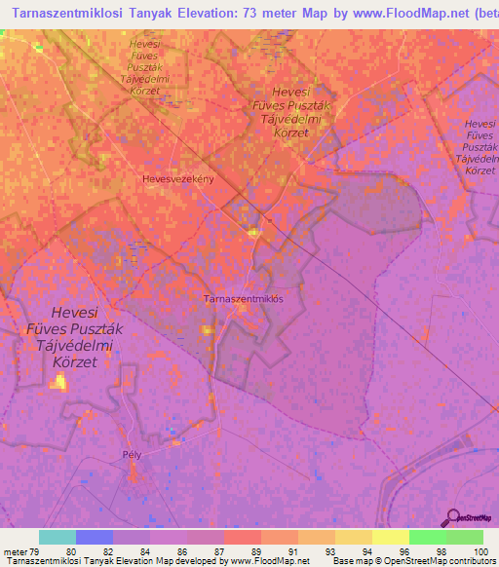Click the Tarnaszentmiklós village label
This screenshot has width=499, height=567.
243,299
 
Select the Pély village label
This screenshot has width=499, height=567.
133,455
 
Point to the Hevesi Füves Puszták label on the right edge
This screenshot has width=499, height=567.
480,147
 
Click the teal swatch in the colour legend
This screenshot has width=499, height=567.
57,537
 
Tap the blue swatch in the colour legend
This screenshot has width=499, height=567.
94,537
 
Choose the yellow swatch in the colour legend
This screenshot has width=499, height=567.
390,537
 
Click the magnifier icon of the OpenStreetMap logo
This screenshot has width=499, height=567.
452,516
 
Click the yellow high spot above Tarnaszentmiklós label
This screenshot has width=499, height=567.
253,232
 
